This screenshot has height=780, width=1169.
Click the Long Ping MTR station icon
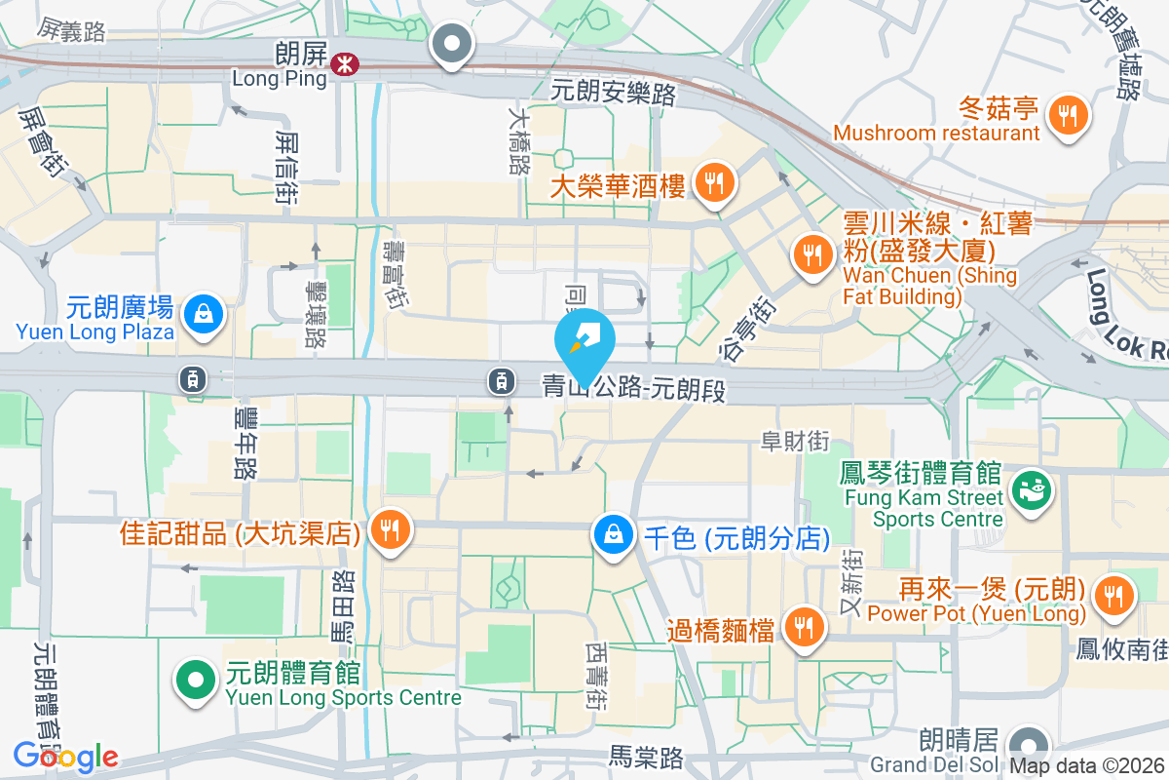pyautogui.click(x=343, y=64)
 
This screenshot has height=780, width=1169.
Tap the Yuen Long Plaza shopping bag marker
pyautogui.click(x=205, y=315)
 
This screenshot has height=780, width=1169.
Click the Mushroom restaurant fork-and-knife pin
pyautogui.click(x=1069, y=116)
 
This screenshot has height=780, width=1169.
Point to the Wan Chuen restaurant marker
pyautogui.click(x=811, y=255)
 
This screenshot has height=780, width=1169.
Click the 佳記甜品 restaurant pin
pyautogui.click(x=391, y=531)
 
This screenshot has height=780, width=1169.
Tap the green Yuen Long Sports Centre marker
pyautogui.click(x=195, y=679)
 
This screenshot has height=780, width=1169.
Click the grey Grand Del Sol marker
pyautogui.click(x=1027, y=741)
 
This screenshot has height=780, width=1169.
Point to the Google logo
pyautogui.click(x=65, y=756)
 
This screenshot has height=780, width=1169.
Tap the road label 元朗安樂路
pyautogui.click(x=613, y=93)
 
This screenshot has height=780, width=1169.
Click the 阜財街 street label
pyautogui.click(x=795, y=441)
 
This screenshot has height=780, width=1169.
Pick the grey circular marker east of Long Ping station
pyautogui.click(x=452, y=44)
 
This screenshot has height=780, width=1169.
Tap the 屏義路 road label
pyautogui.click(x=72, y=31)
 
